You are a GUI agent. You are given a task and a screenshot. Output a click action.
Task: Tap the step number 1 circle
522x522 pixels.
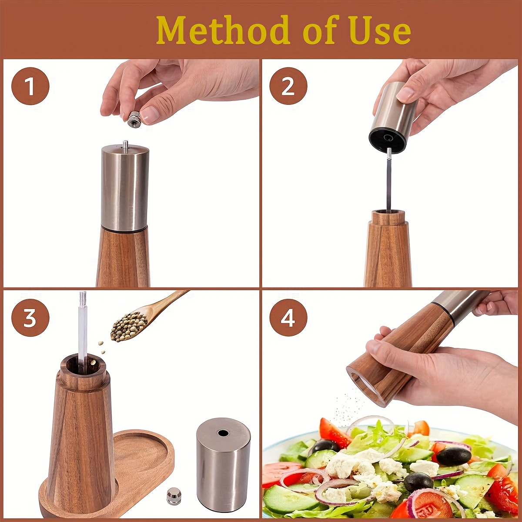[x=30, y=86]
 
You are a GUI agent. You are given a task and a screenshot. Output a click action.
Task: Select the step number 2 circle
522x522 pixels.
[x=288, y=86]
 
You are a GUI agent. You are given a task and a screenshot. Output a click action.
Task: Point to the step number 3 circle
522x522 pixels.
[x=30, y=319]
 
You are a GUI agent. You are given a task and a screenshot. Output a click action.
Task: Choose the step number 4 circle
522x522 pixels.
[x=288, y=319]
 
